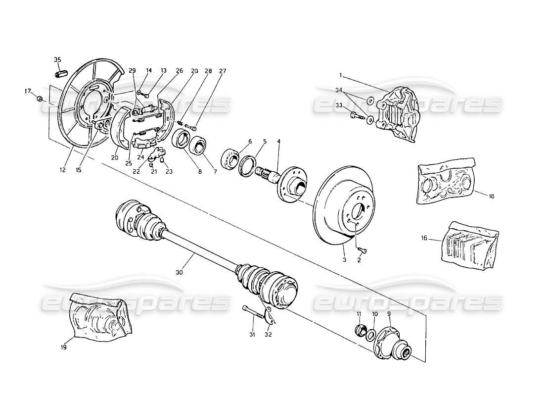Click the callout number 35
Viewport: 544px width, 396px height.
click(57, 60)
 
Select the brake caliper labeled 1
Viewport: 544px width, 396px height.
click(398, 109)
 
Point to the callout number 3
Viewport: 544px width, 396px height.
click(344, 259)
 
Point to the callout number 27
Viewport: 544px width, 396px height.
click(223, 71)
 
